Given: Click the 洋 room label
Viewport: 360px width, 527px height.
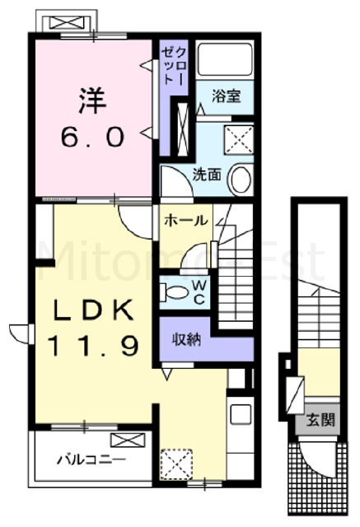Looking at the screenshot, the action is [92, 100].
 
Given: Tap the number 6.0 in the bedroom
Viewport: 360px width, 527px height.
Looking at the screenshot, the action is [92, 138].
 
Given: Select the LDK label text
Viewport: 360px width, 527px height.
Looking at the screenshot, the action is [94, 310].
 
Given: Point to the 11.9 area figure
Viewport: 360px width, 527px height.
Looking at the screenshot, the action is [92, 346].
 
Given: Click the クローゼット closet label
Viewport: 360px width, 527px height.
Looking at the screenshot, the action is [174, 65].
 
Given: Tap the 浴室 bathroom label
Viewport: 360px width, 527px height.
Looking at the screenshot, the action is [227, 96].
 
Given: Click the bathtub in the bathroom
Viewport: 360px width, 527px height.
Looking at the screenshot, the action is [225, 59].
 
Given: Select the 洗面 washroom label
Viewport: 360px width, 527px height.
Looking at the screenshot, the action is [207, 175].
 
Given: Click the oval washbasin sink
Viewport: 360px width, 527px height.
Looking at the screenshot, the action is [241, 180].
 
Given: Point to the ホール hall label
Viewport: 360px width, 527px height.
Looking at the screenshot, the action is [186, 221].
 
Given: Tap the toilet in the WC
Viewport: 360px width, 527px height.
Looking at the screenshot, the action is [174, 291].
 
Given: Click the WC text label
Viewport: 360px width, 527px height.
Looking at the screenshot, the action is [199, 291].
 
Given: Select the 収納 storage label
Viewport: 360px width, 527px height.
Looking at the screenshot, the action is [186, 340].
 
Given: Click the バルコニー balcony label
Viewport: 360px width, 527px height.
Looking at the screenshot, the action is [91, 459].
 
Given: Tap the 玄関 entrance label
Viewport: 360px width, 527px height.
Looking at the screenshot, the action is [320, 419].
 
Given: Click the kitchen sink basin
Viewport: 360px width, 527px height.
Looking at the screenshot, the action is [241, 414].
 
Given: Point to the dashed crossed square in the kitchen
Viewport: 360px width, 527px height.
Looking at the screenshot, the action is [176, 464].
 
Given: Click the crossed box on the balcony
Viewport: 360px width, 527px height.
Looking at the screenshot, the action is [128, 440].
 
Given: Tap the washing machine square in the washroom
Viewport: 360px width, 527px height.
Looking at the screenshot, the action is [239, 139].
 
